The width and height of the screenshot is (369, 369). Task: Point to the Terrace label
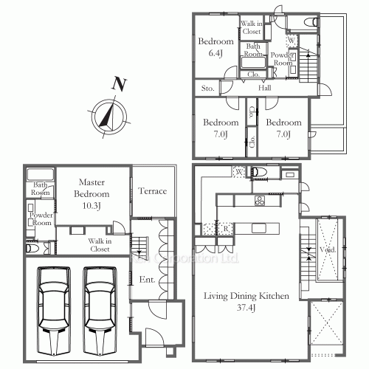coord(153,191)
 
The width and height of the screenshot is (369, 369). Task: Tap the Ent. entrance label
coord(146,280)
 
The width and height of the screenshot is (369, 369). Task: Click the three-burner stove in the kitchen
coord(260,200)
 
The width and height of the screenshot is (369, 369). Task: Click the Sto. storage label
coord(207,89)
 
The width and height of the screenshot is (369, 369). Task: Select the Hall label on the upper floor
coord(265,88)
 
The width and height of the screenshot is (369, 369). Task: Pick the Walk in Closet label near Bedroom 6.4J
coord(252,27)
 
